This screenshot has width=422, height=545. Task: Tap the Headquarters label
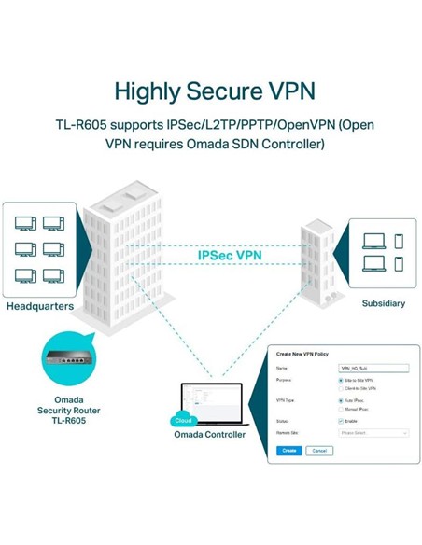40,306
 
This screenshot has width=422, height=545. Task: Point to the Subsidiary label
384,303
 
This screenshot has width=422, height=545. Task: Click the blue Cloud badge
182,421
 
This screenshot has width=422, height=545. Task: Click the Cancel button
318,450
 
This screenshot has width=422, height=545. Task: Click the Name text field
373,369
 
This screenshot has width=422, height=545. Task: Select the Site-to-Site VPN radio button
340,381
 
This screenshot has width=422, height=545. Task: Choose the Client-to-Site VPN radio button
340,389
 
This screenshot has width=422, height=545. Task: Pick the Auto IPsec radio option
340,400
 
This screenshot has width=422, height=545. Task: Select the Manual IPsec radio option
340,409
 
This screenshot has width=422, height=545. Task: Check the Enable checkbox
340,421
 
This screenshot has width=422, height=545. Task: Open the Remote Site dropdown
373,433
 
